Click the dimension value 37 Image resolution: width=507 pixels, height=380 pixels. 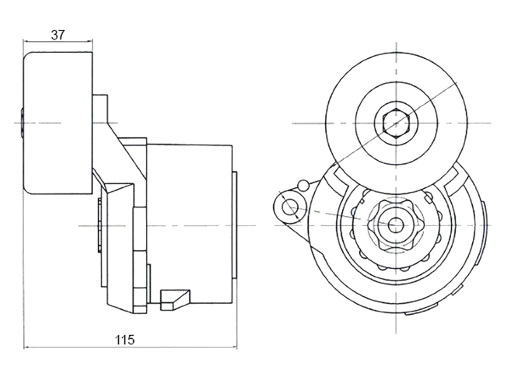pos(58,35)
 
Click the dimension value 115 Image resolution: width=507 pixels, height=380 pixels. pos(125,339)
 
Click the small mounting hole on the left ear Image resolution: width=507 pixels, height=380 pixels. pos(290,207)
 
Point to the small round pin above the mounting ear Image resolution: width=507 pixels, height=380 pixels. pos(304,185)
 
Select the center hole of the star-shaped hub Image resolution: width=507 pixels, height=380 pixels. pos(395,225)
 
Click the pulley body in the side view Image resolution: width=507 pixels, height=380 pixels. pos(58,123)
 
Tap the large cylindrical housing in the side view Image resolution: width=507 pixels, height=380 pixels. pos(189,224)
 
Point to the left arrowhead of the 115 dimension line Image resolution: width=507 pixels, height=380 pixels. pos(27,348)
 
